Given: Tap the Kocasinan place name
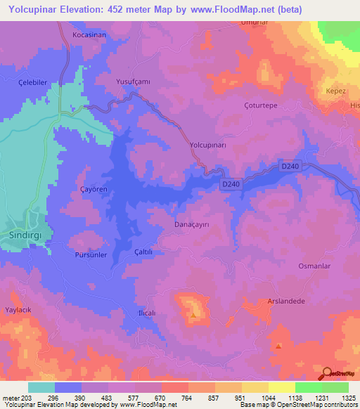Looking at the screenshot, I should click(x=89, y=34).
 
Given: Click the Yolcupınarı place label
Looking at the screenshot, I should click(x=207, y=145).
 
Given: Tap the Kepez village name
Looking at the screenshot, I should click(x=333, y=91).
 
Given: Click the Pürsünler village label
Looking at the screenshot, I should click(x=91, y=255).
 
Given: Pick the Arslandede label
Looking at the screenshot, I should click(x=285, y=301).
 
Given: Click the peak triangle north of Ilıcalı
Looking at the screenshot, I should click(x=193, y=314).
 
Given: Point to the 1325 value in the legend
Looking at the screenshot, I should click(x=347, y=398).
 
